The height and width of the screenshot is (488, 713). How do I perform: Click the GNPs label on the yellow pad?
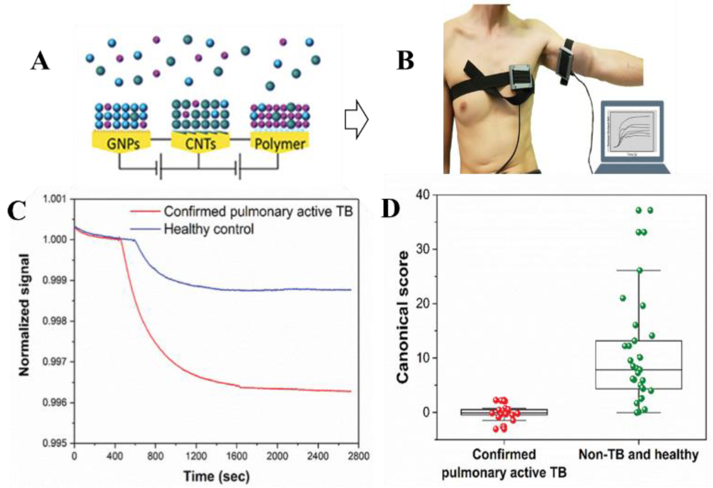[123, 144]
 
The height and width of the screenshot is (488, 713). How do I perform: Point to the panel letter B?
[405, 61]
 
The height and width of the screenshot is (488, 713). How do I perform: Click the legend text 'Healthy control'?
[209, 229]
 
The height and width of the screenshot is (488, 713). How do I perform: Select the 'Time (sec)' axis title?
[217, 476]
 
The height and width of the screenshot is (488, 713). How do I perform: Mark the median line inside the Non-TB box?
[638, 370]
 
